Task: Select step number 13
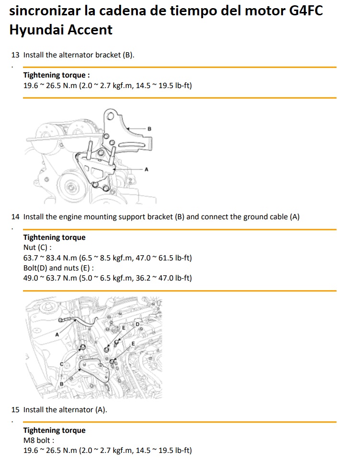coord(15,55)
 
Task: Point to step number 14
coord(15,216)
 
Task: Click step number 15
coord(15,409)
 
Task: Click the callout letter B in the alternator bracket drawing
coord(149,129)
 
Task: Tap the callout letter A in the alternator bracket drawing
coord(146,169)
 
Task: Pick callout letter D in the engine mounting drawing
coord(137,324)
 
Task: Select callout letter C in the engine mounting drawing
coord(62,364)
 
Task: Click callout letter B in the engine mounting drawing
coord(62,384)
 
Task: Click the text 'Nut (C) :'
coord(37,248)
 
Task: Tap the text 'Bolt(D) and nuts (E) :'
coord(58,268)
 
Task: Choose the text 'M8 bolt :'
coord(39,440)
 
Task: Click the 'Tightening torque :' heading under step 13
coord(56,75)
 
